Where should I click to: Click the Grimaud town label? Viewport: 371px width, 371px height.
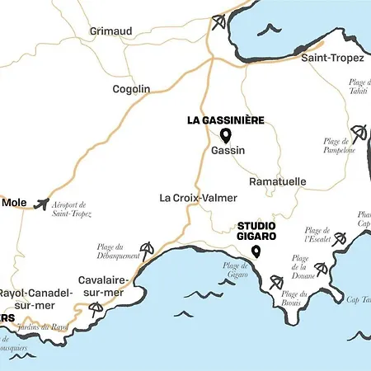[x=110, y=31]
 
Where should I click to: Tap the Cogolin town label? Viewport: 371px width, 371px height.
[x=132, y=89]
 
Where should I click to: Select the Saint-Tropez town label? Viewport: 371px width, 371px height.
[x=333, y=59]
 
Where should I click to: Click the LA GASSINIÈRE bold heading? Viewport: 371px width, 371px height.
[x=226, y=120]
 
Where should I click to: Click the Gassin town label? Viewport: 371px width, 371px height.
[x=228, y=151]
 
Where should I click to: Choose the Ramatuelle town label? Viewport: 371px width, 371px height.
[x=277, y=181]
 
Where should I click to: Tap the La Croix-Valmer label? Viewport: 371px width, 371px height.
[x=198, y=198]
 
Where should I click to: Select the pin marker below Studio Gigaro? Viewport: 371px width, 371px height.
[x=256, y=251]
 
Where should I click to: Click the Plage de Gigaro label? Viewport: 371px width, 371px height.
[x=235, y=270]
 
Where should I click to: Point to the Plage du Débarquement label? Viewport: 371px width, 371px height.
[x=109, y=251]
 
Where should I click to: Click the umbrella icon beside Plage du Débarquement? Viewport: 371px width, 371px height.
[x=147, y=248]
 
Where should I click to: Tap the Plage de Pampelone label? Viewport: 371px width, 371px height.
[x=339, y=146]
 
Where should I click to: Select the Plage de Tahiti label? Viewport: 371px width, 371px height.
[x=357, y=87]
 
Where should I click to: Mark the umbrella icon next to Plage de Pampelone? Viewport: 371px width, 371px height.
[x=359, y=132]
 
